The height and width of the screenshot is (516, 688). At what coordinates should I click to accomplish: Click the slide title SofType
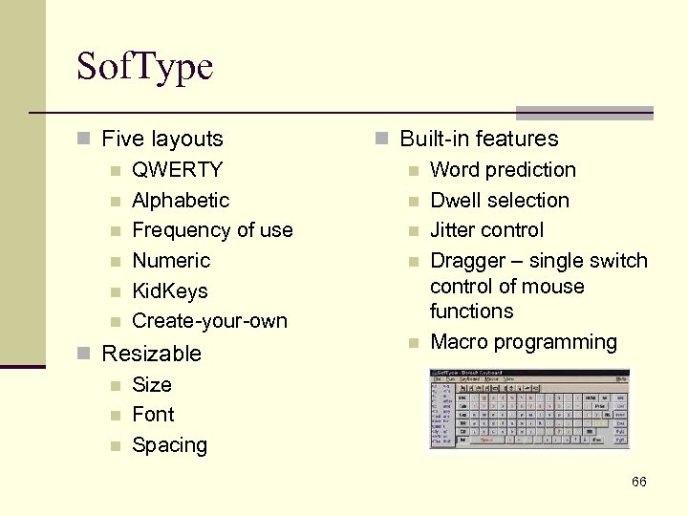[x=145, y=67]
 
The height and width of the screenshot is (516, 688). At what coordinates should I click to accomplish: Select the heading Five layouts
[x=161, y=139]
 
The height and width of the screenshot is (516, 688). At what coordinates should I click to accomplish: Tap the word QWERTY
[x=177, y=170]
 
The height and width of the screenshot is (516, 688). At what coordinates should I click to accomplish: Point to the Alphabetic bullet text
[x=181, y=201]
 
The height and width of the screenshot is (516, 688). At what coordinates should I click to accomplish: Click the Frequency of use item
[x=212, y=230]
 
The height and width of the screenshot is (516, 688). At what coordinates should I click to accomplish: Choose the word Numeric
[x=171, y=261]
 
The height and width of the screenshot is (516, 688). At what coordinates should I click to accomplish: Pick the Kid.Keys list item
[x=169, y=290]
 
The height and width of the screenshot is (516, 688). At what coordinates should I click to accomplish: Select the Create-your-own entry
[x=209, y=321]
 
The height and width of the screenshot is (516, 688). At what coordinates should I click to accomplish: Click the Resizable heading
[x=151, y=354]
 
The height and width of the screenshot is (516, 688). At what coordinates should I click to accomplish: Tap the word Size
[x=152, y=385]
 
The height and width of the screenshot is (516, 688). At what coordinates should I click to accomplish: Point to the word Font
[x=153, y=415]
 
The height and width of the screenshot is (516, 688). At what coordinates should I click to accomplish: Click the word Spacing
[x=169, y=445]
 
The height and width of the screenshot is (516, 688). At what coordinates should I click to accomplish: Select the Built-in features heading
[x=479, y=139]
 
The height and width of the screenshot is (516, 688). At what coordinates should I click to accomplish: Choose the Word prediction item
[x=503, y=170]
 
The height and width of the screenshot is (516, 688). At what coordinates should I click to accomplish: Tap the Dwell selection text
[x=500, y=201]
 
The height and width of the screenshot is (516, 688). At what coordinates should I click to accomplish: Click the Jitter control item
[x=486, y=230]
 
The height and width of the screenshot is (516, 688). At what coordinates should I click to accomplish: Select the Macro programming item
[x=524, y=342]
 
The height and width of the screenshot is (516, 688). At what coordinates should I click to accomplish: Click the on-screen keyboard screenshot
[x=529, y=409]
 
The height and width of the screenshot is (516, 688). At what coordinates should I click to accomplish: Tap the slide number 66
[x=638, y=482]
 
